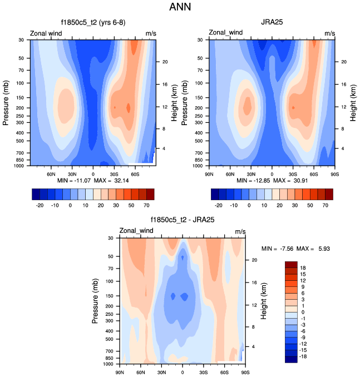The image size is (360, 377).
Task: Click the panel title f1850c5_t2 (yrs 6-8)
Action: (93, 23)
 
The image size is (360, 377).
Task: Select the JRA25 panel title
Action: (272, 23)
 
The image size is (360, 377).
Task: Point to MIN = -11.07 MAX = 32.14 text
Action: (93, 181)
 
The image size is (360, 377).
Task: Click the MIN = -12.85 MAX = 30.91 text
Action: (272, 181)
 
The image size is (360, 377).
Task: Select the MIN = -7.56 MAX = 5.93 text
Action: (295, 249)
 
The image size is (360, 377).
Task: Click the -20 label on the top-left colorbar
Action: (40, 205)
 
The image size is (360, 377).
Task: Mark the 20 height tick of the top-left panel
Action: (165, 62)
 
